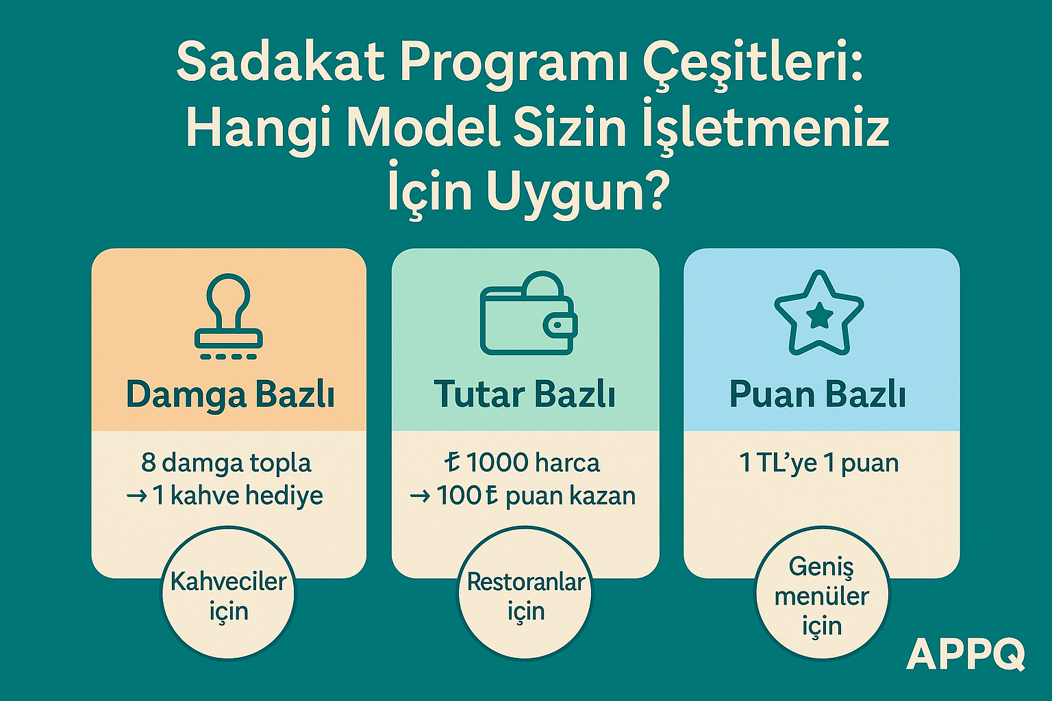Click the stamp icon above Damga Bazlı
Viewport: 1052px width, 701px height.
pos(229,316)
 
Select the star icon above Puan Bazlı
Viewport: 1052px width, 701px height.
pos(819,314)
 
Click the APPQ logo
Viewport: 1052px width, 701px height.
pos(966,654)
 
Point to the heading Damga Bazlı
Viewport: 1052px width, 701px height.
pos(230,395)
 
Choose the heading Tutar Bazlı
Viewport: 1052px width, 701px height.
pos(525,395)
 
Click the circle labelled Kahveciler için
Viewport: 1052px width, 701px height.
pos(229,596)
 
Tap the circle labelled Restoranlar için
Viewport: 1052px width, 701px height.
pos(525,596)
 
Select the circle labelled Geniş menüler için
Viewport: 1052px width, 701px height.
pos(821,596)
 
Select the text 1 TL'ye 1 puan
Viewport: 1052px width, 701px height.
pos(819,463)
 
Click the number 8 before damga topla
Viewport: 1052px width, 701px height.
pos(149,463)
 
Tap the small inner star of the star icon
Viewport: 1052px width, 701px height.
pos(819,316)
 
